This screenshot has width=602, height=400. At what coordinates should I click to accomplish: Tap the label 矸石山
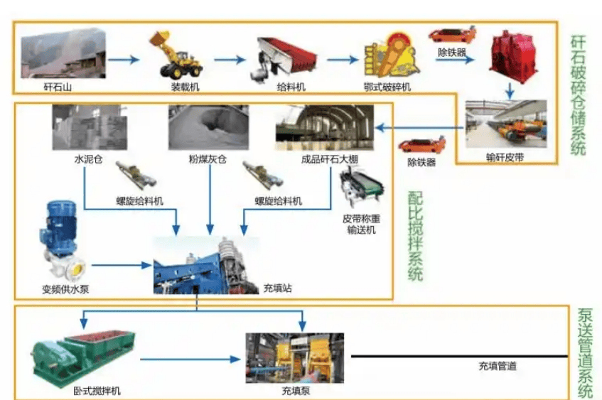(x=58, y=87)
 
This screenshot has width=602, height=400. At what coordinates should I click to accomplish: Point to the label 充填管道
(x=497, y=367)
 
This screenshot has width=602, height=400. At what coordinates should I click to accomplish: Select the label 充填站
(x=277, y=288)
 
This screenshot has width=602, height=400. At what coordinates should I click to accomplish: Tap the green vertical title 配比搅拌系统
(x=415, y=235)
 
